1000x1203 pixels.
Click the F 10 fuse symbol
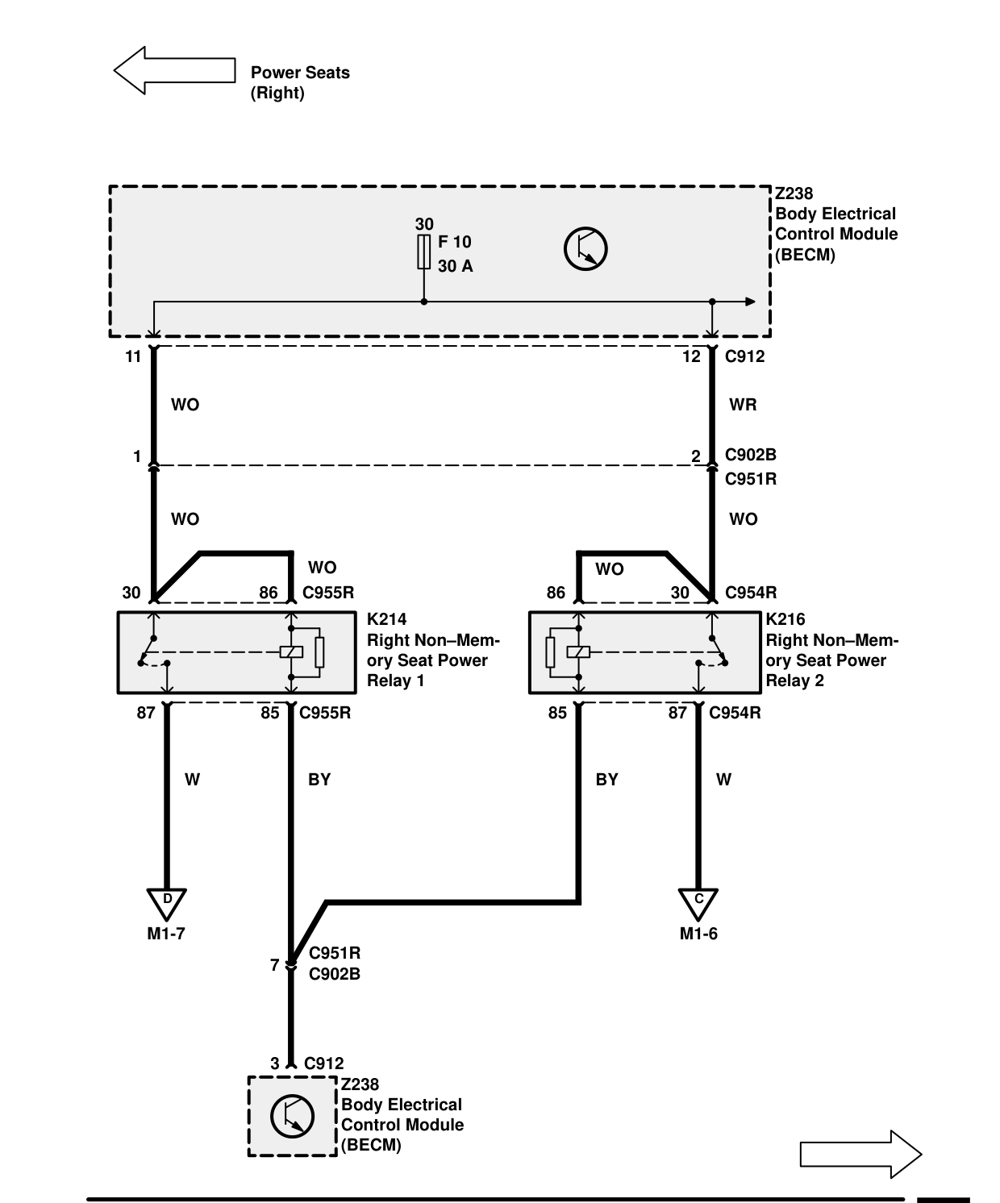tap(423, 252)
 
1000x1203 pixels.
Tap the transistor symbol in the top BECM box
tap(585, 249)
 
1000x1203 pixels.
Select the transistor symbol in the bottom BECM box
tap(292, 1116)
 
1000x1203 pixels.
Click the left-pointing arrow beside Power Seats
tap(175, 70)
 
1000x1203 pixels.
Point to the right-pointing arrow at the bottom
tap(860, 1154)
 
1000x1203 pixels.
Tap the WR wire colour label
tap(743, 405)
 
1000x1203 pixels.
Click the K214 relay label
tap(387, 618)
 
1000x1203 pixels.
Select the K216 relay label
tap(785, 618)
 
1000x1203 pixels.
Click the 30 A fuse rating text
tap(455, 265)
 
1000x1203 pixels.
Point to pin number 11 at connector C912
tap(133, 356)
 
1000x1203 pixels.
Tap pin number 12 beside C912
tap(691, 356)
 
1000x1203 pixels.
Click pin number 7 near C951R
tap(275, 964)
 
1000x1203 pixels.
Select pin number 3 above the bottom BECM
tap(275, 1063)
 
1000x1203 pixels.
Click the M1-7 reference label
tap(166, 934)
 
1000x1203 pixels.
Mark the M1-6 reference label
tap(698, 934)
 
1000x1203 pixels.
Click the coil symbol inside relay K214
tap(291, 652)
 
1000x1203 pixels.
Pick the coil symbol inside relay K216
tap(578, 652)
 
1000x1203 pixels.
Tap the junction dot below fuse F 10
tap(423, 302)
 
